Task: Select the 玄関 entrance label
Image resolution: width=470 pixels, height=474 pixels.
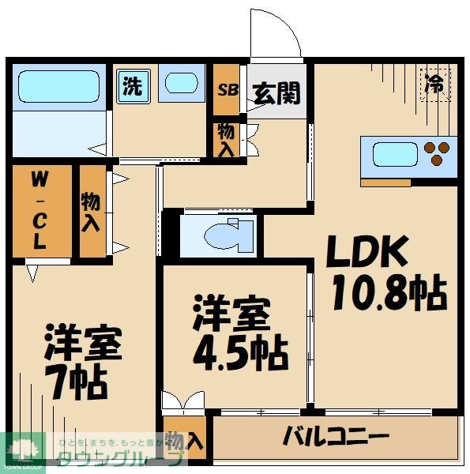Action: [x=276, y=93]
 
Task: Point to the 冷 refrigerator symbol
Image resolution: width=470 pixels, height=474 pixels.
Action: [x=434, y=83]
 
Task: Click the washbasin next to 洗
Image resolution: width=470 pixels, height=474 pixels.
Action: [x=182, y=84]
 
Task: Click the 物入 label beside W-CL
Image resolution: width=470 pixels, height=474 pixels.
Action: [x=91, y=210]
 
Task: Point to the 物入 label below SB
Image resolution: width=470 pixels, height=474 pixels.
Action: [x=225, y=140]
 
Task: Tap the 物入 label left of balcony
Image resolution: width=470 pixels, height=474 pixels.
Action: [x=185, y=446]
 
